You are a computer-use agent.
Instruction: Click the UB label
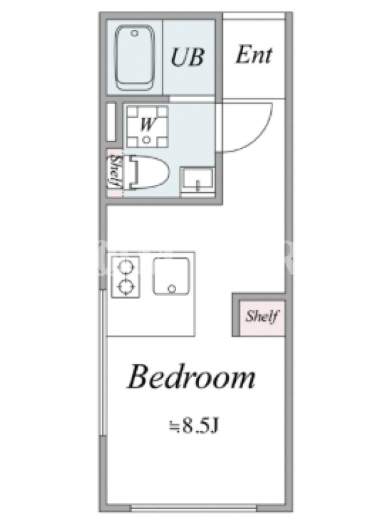point(187,57)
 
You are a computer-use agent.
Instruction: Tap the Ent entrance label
point(253,54)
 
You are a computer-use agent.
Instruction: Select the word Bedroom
point(192,376)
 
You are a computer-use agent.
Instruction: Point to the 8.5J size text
point(194,426)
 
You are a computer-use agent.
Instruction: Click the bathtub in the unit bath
point(135,58)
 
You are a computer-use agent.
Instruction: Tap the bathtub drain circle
point(135,33)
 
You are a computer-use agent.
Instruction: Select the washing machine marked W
point(148,126)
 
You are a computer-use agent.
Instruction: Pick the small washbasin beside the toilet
point(197,182)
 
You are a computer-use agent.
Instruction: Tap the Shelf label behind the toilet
point(115,172)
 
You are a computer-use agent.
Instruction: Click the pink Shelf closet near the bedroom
point(262,317)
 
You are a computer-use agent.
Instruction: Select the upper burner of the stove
point(125,267)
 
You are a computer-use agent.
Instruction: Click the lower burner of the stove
point(125,287)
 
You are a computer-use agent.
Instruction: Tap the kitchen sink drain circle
point(172,289)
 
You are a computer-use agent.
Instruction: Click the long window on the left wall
point(103,363)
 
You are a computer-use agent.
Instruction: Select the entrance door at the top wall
point(253,16)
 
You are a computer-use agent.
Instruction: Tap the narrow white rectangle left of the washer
point(111,122)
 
